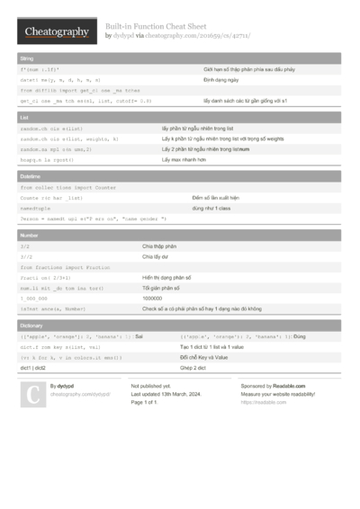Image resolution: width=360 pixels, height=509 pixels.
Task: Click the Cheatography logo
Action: pyautogui.click(x=56, y=32)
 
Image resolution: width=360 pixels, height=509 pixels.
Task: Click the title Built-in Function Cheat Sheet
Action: pyautogui.click(x=156, y=27)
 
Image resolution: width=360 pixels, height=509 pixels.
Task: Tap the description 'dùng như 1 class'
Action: pyautogui.click(x=210, y=207)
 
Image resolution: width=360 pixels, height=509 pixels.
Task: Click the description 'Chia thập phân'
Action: pyautogui.click(x=159, y=246)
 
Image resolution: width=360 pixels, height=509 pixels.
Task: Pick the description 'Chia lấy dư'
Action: pyautogui.click(x=156, y=256)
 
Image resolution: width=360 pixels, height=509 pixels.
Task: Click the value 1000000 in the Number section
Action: pyautogui.click(x=154, y=298)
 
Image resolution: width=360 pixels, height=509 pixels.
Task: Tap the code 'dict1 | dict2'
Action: pyautogui.click(x=33, y=367)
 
